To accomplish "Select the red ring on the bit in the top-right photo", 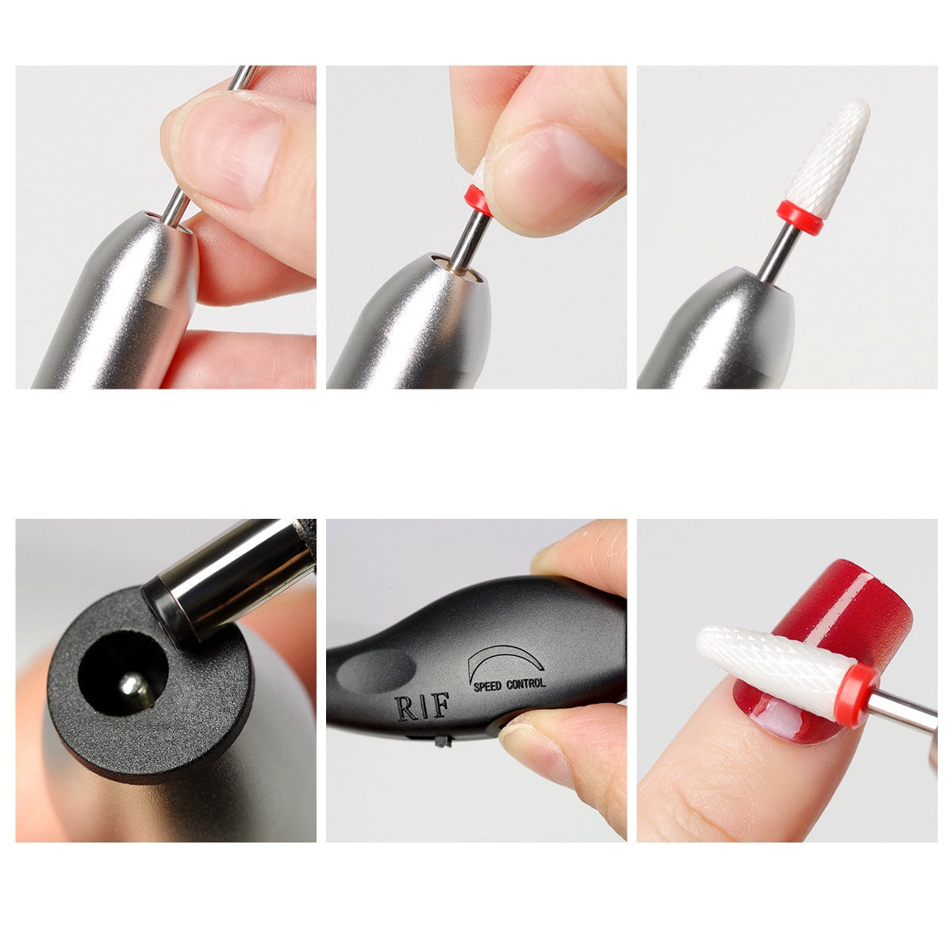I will [799, 216].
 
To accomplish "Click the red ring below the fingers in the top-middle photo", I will [474, 196].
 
